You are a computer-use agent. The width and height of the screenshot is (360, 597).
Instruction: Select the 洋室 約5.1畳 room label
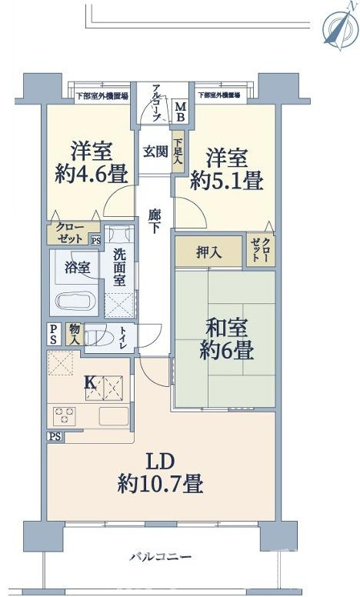[x=226, y=170]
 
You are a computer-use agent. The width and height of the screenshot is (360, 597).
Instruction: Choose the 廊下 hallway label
[x=155, y=221]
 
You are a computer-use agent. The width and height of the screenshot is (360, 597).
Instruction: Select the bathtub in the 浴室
[x=75, y=301]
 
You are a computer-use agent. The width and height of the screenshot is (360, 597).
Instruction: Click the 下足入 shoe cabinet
[x=178, y=147]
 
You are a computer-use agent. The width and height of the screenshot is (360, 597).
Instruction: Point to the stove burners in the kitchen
[x=65, y=416]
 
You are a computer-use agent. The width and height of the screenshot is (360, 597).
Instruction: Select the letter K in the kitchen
[x=89, y=382]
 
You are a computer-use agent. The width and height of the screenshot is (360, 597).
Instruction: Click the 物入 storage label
[x=75, y=333]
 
